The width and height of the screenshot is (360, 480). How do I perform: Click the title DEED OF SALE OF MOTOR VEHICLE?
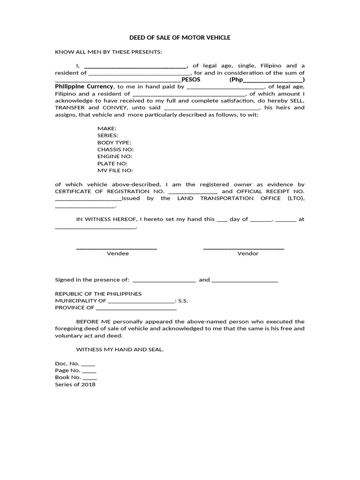click(x=180, y=37)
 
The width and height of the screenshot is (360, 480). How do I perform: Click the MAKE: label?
click(x=107, y=128)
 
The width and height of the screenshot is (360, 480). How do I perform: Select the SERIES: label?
click(x=108, y=135)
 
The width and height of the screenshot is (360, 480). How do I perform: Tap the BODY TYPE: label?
click(x=114, y=142)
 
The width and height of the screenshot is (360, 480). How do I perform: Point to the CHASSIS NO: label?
click(x=116, y=150)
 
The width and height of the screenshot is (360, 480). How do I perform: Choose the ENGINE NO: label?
click(x=115, y=157)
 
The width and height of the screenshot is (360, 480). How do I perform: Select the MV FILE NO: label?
click(x=115, y=171)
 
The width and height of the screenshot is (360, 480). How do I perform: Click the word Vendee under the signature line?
click(x=118, y=254)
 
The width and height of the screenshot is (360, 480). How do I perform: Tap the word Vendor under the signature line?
click(x=248, y=254)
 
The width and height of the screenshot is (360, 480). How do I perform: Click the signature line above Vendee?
click(x=116, y=248)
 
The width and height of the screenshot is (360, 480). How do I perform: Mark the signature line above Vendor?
click(x=243, y=248)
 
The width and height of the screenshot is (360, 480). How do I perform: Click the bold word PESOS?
click(x=191, y=80)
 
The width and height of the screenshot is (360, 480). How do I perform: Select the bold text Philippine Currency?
click(x=84, y=87)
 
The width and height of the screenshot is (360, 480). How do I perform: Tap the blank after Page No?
click(x=89, y=371)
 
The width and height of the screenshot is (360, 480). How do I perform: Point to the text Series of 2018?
click(x=75, y=385)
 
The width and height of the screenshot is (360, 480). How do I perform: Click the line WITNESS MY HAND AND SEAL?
click(x=120, y=350)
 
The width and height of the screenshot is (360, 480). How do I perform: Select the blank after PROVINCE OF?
click(x=136, y=309)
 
